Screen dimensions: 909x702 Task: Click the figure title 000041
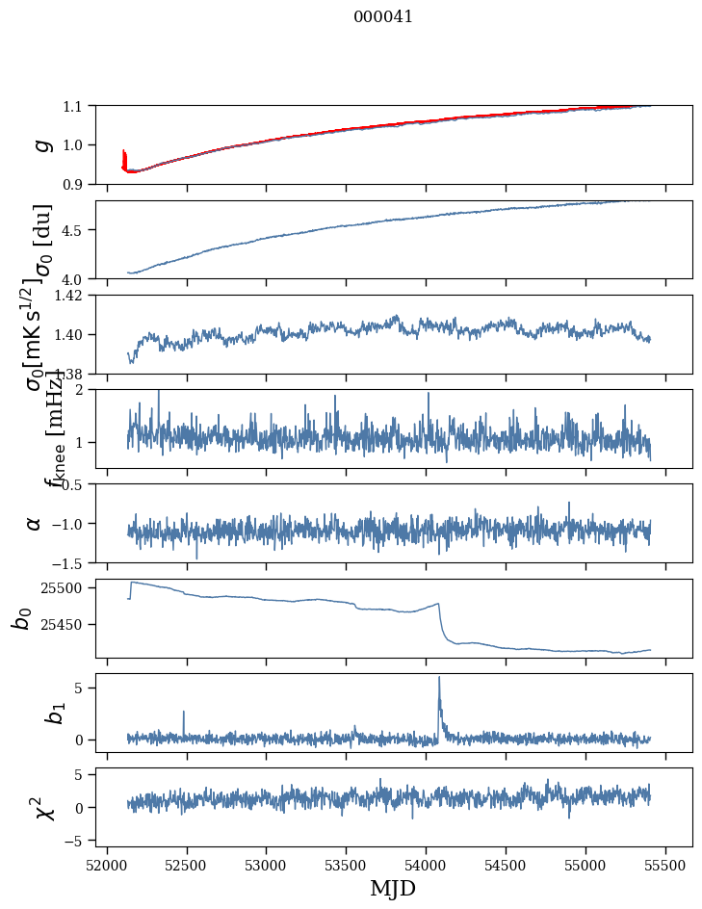pyautogui.click(x=383, y=16)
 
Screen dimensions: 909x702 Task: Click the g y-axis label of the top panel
pyautogui.click(x=40, y=144)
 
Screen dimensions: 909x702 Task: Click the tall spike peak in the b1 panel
pyautogui.click(x=439, y=678)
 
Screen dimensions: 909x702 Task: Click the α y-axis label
pyautogui.click(x=34, y=523)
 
